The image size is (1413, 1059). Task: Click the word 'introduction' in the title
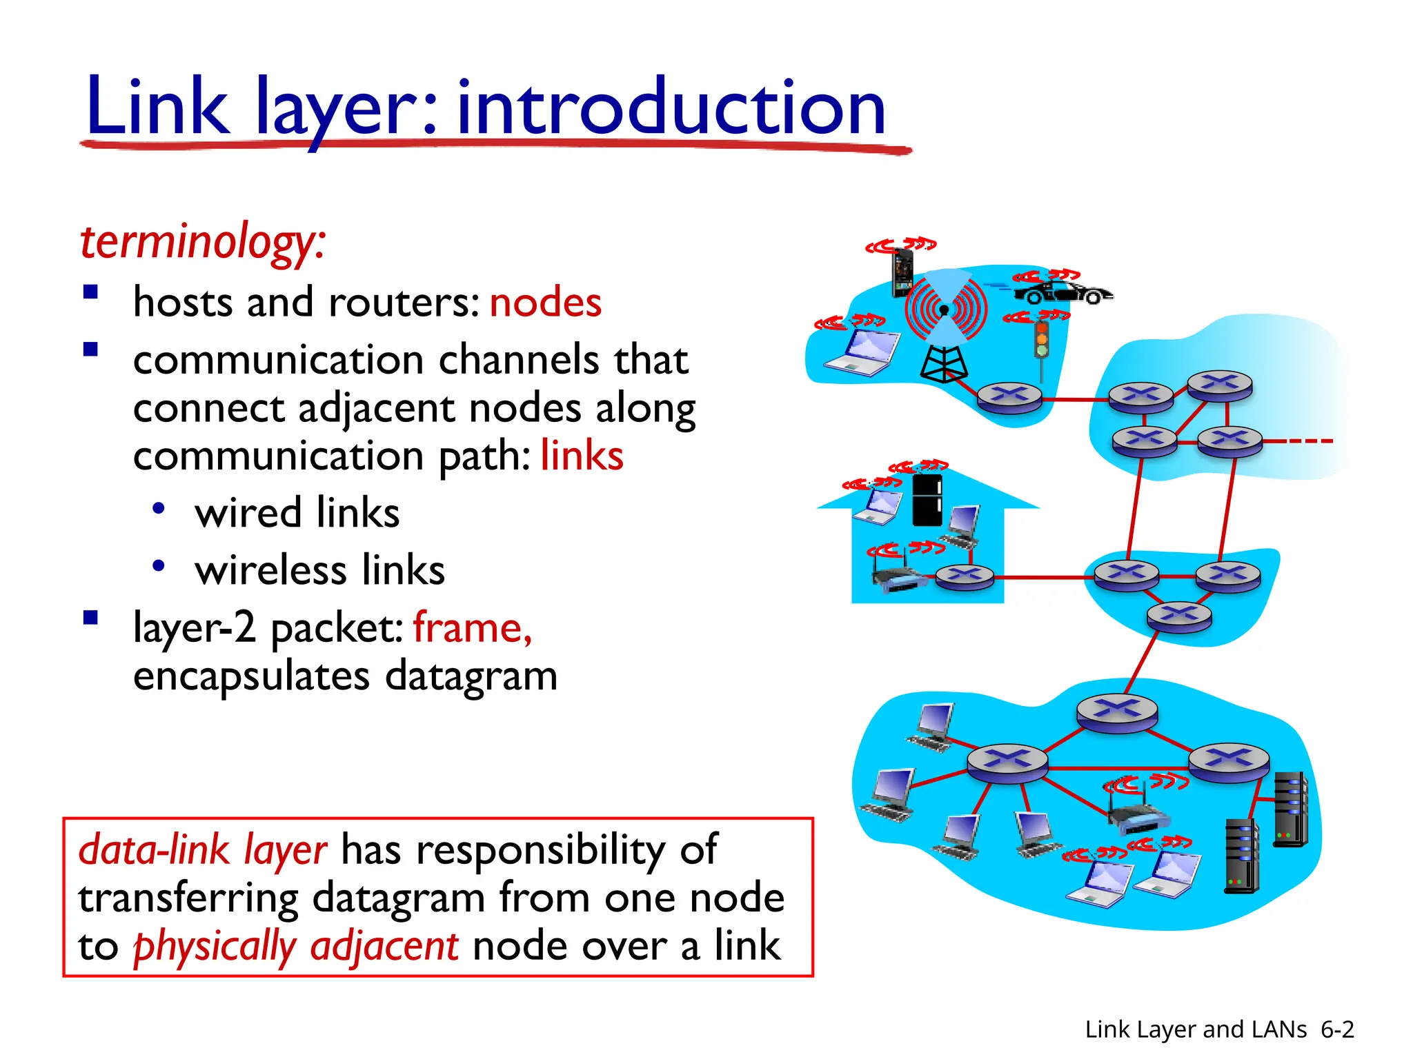(671, 107)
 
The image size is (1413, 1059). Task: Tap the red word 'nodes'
(545, 302)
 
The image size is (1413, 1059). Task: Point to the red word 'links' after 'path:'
(582, 456)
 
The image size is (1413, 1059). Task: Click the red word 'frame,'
(473, 627)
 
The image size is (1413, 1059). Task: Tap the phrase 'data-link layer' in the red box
(203, 849)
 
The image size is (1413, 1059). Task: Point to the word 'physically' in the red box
(214, 946)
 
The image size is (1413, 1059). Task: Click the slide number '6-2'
(1337, 1029)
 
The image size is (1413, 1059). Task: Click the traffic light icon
(1041, 340)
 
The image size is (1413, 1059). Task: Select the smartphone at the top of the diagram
(902, 271)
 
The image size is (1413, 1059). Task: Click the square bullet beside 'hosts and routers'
(90, 292)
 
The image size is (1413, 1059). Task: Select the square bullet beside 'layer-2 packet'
(90, 617)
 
